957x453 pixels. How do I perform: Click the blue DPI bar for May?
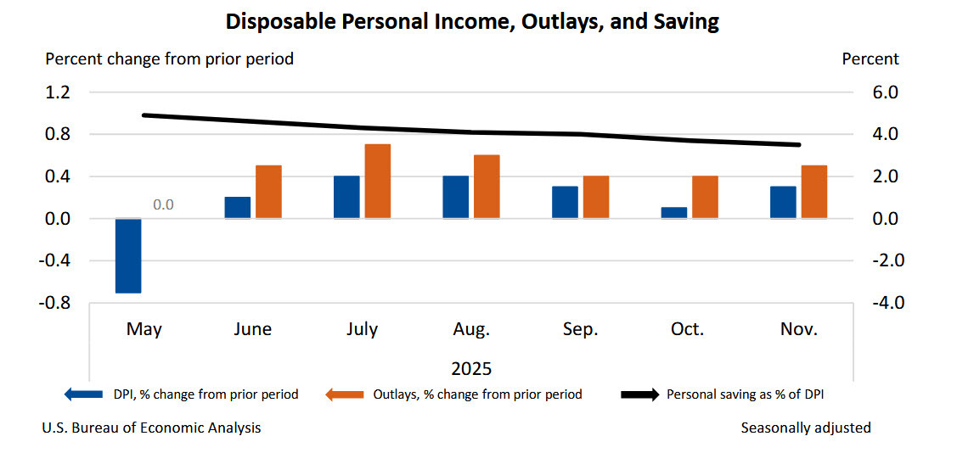coord(128,255)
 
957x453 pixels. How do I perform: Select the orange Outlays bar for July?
coord(377,182)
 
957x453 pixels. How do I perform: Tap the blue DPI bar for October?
coord(673,212)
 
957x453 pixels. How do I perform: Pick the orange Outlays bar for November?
coord(813,192)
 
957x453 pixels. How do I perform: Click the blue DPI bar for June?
coord(238,208)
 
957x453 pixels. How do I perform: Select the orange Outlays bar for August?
coord(487,187)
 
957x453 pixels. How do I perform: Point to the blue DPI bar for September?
coord(565,202)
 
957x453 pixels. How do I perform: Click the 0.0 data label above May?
coord(163,204)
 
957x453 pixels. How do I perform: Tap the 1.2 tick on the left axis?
coord(59,92)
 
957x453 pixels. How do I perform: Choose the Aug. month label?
coord(470,329)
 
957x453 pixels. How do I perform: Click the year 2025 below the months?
coord(470,369)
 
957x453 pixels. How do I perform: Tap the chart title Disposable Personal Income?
coord(472,22)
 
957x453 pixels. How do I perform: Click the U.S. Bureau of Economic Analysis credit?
coord(152,428)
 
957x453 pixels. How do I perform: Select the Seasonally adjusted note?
coord(805,428)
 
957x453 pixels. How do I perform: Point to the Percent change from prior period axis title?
coord(169,59)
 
